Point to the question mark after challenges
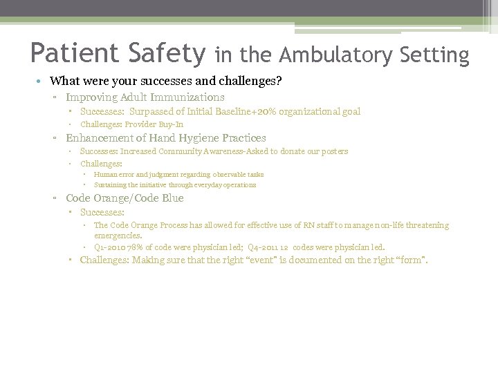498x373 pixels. pyautogui.click(x=279, y=81)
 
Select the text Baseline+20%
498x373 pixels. pyautogui.click(x=268, y=111)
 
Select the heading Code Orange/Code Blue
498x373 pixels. pyautogui.click(x=124, y=198)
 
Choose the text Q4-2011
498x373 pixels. pyautogui.click(x=261, y=247)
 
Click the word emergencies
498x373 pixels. pyautogui.click(x=117, y=236)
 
